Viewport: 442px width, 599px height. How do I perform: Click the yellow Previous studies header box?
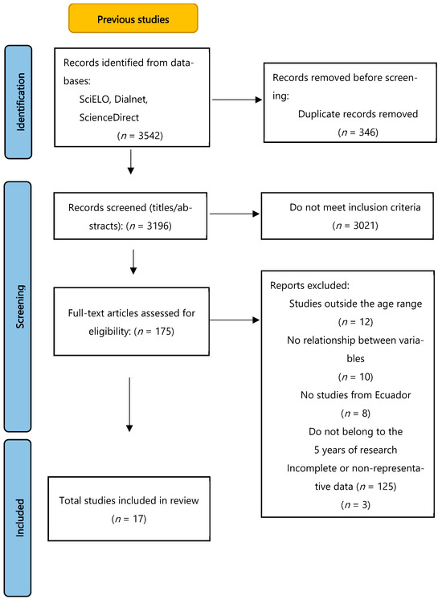133,18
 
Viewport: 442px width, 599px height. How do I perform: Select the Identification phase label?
20,102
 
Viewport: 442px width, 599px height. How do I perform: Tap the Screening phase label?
20,307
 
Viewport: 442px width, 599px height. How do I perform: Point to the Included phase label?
20,518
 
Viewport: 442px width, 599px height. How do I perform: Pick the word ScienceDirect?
109,117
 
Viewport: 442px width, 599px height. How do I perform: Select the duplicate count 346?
367,132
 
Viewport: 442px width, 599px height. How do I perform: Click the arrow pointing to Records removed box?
237,100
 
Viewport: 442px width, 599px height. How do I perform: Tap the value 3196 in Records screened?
158,226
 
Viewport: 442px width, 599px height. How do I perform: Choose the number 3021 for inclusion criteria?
364,226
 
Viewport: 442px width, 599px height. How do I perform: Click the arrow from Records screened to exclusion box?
235,214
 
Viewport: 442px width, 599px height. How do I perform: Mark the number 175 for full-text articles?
163,331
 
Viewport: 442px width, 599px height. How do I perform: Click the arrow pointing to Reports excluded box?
235,320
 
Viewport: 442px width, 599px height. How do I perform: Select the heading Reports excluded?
309,285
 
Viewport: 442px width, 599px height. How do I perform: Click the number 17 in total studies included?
137,519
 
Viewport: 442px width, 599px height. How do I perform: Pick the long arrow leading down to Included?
129,405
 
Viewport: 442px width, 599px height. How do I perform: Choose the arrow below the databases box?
131,162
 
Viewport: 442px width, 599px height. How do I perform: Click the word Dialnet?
131,99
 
